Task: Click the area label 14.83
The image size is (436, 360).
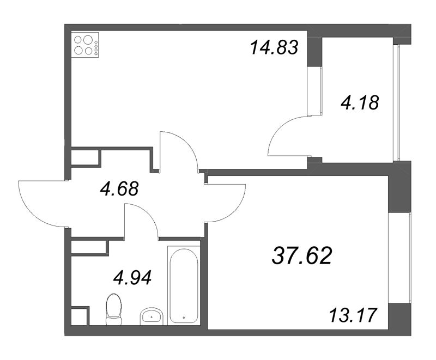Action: point(274,48)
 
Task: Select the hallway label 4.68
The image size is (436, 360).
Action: point(119,190)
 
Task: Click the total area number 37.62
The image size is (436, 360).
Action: point(301,254)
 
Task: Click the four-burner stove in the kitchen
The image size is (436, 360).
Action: point(86,45)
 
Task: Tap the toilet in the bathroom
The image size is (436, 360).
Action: point(113,309)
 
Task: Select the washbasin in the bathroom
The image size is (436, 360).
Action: point(152,316)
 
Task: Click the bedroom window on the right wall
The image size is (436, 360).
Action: point(408,260)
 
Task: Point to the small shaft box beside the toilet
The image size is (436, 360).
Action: point(79,316)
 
